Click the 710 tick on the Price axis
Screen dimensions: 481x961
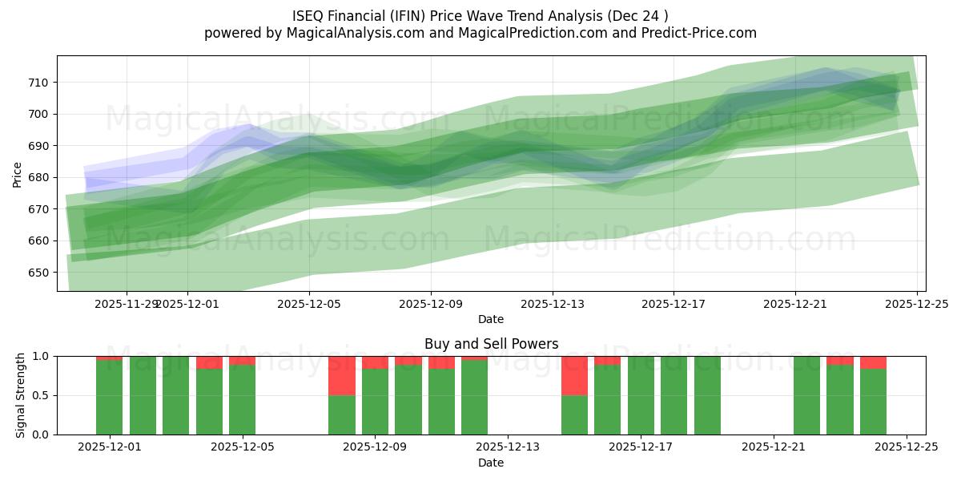38,82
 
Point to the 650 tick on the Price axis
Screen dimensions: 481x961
38,273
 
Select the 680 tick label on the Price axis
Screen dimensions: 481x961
38,177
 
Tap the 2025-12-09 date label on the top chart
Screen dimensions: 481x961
431,304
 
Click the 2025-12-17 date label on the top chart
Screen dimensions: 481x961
674,304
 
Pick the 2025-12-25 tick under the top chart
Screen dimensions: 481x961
916,304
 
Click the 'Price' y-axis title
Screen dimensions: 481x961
18,173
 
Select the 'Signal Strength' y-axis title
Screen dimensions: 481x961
22,395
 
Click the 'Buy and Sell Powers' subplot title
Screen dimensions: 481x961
491,344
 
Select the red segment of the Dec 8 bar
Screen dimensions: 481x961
342,375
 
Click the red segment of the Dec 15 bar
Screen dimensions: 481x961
574,375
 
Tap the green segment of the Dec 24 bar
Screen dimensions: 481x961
873,402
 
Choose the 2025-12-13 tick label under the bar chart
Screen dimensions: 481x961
508,447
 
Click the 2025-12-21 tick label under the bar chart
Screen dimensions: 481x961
774,447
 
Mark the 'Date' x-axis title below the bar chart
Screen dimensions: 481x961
491,463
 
